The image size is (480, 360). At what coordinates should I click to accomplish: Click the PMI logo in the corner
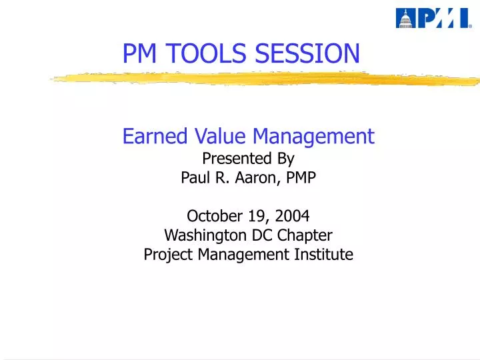[x=433, y=18]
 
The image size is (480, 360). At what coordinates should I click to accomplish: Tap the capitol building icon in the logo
[x=405, y=18]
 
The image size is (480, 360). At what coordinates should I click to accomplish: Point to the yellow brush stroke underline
[x=267, y=79]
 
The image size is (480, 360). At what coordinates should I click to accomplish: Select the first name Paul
[x=195, y=178]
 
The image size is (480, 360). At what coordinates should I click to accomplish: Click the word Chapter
[x=304, y=235]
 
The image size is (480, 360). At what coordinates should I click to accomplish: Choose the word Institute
[x=323, y=254]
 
